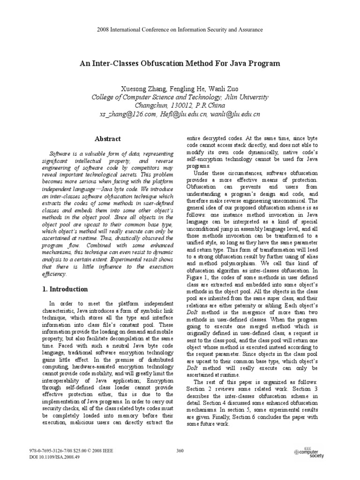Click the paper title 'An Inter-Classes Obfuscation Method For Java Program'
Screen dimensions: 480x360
pyautogui.click(x=180, y=63)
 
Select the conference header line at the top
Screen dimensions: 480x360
pyautogui.click(x=180, y=30)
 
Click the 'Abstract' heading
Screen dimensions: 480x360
pyautogui.click(x=108, y=139)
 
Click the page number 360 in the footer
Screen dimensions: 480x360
pyautogui.click(x=180, y=450)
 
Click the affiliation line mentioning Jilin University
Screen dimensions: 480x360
pyautogui.click(x=180, y=97)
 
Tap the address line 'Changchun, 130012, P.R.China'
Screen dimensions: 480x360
pyautogui.click(x=180, y=105)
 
